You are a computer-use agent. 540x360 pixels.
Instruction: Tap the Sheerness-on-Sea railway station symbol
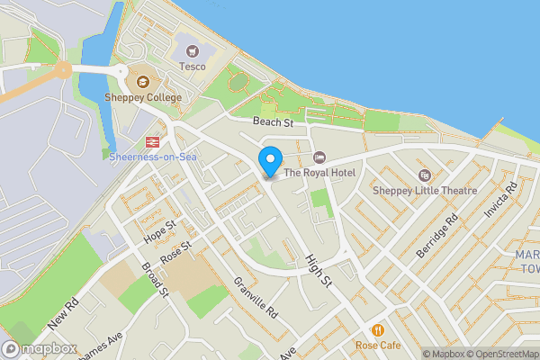(152, 141)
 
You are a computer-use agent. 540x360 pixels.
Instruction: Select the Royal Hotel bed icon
(319, 157)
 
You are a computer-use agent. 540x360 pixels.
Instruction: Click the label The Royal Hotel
(319, 173)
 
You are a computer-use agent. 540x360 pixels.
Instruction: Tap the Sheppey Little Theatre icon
(425, 175)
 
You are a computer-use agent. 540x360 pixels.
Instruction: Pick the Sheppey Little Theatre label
(425, 190)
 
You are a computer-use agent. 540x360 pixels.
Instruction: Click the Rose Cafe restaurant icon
(377, 329)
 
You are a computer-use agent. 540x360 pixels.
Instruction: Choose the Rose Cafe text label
(378, 346)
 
